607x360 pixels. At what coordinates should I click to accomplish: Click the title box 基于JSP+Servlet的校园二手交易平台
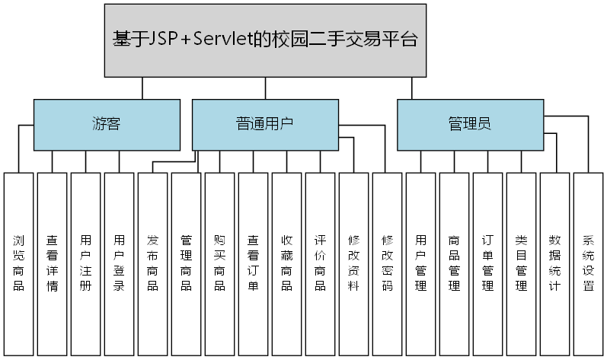coord(264,40)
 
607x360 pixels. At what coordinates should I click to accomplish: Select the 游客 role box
coord(107,124)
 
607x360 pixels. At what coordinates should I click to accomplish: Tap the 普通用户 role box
coord(264,124)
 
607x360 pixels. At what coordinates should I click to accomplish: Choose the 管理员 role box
coord(470,124)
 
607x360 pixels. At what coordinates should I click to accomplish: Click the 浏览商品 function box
coord(19,263)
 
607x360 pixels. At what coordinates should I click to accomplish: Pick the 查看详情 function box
coord(53,263)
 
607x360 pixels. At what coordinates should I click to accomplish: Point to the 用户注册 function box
coord(86,263)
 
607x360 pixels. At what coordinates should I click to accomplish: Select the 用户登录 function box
coord(120,263)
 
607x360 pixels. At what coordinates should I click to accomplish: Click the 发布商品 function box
coord(153,263)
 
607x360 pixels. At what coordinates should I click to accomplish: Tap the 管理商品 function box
coord(187,263)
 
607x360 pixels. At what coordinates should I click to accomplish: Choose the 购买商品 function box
coord(220,263)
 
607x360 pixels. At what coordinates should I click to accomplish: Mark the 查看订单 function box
coord(254,263)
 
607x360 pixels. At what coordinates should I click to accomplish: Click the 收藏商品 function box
coord(287,263)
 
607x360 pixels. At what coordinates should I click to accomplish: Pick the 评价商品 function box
coord(321,263)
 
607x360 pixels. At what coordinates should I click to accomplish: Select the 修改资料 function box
coord(354,263)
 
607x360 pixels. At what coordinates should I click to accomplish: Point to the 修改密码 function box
coord(388,263)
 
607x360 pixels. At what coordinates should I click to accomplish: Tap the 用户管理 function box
coord(421,263)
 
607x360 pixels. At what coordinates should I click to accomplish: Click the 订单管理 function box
coord(488,263)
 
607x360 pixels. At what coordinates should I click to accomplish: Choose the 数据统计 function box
coord(555,263)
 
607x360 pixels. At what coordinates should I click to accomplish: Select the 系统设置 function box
coord(589,263)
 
